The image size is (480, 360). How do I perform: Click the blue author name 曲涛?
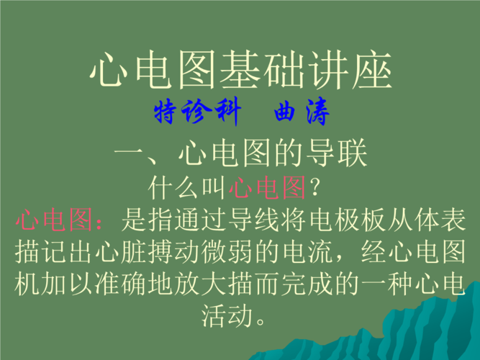click(x=302, y=112)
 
